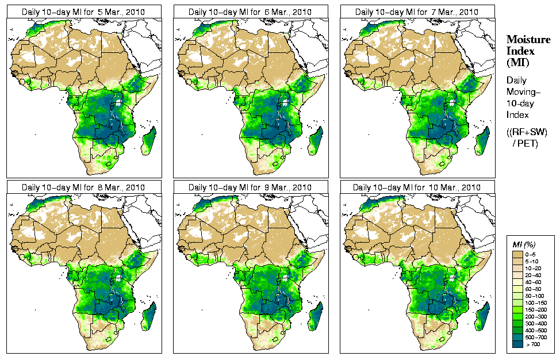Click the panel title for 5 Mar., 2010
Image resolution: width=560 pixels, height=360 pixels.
click(83, 12)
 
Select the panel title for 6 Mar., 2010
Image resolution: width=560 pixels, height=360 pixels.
click(250, 12)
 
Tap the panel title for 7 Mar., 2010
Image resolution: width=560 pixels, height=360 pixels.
click(417, 12)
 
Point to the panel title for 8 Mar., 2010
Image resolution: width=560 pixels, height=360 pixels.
click(83, 187)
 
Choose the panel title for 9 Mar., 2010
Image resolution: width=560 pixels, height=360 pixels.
click(250, 187)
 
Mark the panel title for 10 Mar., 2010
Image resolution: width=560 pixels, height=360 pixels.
click(417, 187)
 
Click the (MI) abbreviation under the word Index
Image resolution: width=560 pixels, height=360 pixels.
click(517, 62)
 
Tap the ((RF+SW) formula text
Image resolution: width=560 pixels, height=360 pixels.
click(527, 132)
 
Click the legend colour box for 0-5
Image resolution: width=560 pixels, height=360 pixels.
click(518, 254)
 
